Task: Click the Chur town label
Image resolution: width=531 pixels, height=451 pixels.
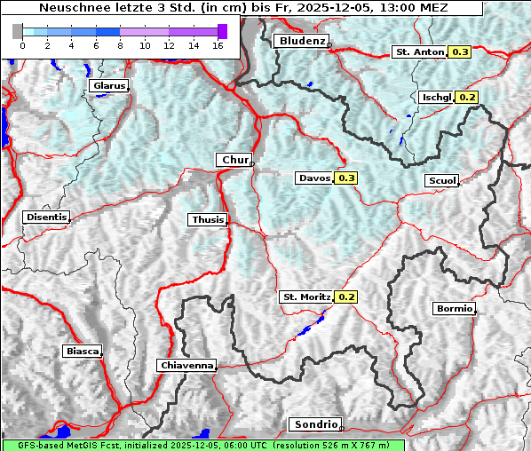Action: click(234, 160)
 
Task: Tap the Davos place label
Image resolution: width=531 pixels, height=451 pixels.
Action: click(314, 178)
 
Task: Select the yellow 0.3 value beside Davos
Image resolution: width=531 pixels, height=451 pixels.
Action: click(346, 178)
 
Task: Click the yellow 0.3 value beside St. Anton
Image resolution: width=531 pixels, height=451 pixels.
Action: click(460, 52)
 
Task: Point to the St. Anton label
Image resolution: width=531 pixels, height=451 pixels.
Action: click(418, 52)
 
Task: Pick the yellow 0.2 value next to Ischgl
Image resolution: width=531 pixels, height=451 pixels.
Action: click(468, 97)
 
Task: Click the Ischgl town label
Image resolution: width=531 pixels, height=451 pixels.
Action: click(437, 97)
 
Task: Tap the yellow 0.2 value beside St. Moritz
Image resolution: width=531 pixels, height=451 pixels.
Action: click(345, 297)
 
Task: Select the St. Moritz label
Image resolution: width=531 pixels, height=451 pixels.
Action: click(305, 297)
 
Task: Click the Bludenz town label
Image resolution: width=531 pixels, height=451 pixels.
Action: click(300, 41)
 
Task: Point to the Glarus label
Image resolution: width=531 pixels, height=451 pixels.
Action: click(107, 86)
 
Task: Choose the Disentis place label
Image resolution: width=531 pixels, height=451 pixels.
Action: click(45, 217)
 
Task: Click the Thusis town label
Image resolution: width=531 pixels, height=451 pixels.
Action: click(208, 219)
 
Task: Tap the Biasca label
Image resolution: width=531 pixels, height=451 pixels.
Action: click(82, 351)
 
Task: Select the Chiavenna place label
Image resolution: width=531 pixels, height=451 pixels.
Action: click(186, 365)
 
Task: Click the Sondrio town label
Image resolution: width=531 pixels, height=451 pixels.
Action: click(314, 424)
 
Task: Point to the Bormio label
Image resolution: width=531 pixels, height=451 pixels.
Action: click(454, 309)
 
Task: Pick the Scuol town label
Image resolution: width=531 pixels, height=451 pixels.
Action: click(441, 180)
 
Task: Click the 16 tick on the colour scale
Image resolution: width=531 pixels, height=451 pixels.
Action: click(217, 45)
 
